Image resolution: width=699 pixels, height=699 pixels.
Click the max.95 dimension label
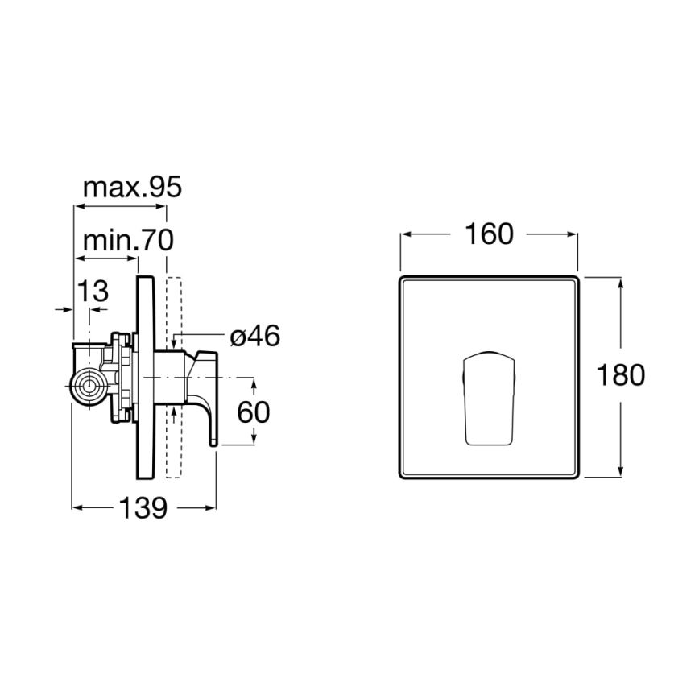click(x=133, y=188)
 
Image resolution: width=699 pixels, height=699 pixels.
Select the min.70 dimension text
click(x=128, y=239)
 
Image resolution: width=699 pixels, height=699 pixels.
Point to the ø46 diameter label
click(x=254, y=336)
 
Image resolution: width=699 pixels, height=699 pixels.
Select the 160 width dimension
click(x=489, y=234)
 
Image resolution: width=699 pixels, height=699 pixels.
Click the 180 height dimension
click(x=621, y=375)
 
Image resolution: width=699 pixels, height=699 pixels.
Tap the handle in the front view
click(x=488, y=398)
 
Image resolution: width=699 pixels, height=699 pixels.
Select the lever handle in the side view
click(x=205, y=387)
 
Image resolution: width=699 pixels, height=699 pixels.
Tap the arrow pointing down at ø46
click(x=175, y=344)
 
